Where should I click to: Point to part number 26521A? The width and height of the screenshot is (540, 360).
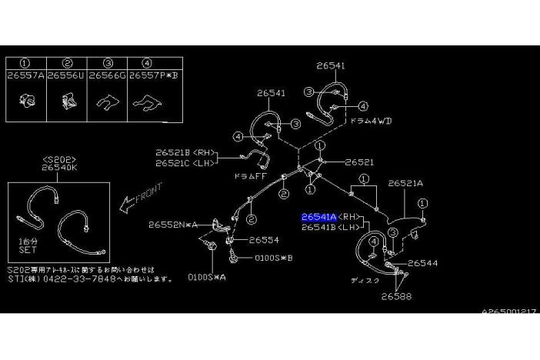(405, 184)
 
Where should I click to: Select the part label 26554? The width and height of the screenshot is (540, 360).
(263, 241)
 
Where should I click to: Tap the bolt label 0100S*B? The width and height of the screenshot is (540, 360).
(273, 258)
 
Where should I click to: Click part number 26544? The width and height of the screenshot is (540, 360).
(422, 263)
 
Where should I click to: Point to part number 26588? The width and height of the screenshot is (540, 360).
(397, 295)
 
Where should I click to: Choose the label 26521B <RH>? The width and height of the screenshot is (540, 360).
(185, 152)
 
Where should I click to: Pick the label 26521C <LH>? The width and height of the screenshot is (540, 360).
(185, 162)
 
